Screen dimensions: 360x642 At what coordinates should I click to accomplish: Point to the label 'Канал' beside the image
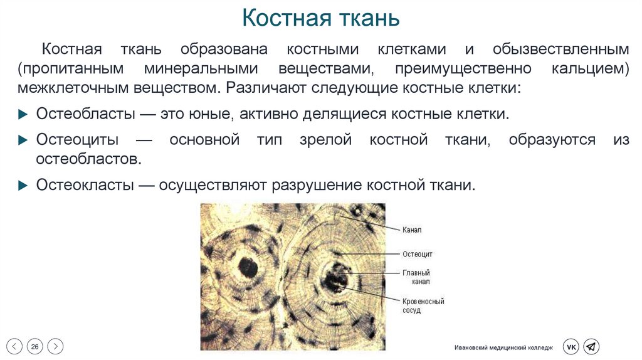click(412, 230)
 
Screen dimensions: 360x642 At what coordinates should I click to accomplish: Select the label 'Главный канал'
click(416, 277)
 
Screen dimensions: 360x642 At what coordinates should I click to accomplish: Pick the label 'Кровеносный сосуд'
click(423, 306)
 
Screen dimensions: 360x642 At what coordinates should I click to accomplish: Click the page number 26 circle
click(35, 346)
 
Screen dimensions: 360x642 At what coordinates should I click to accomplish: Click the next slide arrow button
click(56, 346)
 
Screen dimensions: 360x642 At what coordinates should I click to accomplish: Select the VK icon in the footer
click(571, 347)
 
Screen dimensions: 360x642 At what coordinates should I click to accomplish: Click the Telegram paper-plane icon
click(591, 347)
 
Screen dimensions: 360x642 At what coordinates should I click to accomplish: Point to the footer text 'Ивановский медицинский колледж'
click(504, 347)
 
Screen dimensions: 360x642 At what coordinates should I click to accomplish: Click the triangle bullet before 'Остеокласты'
click(22, 186)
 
